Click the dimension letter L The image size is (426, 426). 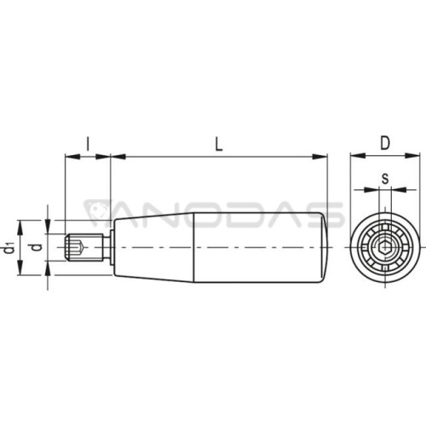pos(218,144)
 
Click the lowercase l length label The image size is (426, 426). pos(88,144)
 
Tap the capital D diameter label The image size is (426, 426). pos(385,143)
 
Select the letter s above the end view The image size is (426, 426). pos(385,179)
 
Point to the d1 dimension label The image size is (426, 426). pos(9,246)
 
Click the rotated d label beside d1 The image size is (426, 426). pos(37,247)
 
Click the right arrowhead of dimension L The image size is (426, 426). pos(320,157)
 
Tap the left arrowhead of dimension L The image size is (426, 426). pos(118,157)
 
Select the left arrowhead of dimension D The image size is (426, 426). pos(358,155)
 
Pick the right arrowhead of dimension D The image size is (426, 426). pos(412,155)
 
